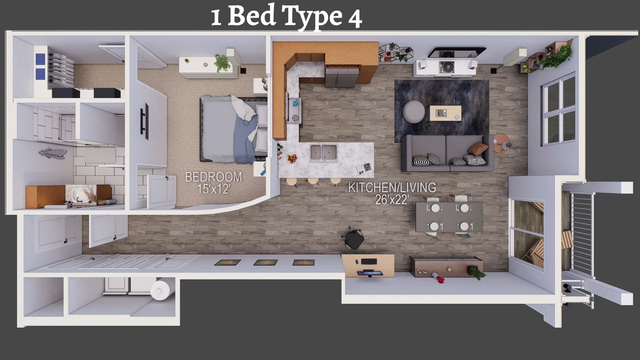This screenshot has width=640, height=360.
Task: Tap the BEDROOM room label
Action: pyautogui.click(x=213, y=177)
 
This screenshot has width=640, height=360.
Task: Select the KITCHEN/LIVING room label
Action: pyautogui.click(x=392, y=187)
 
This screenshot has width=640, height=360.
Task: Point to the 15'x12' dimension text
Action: pyautogui.click(x=213, y=189)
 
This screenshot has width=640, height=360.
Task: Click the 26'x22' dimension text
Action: pyautogui.click(x=392, y=200)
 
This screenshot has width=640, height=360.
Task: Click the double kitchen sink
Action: pyautogui.click(x=323, y=153)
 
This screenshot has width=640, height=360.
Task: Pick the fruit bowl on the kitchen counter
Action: pyautogui.click(x=292, y=158)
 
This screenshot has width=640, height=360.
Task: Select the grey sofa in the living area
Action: pyautogui.click(x=447, y=153)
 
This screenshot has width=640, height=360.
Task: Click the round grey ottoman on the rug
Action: pyautogui.click(x=414, y=111)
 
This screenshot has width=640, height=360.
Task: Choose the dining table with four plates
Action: pyautogui.click(x=449, y=217)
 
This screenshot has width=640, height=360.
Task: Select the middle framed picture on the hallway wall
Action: pyautogui.click(x=265, y=263)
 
